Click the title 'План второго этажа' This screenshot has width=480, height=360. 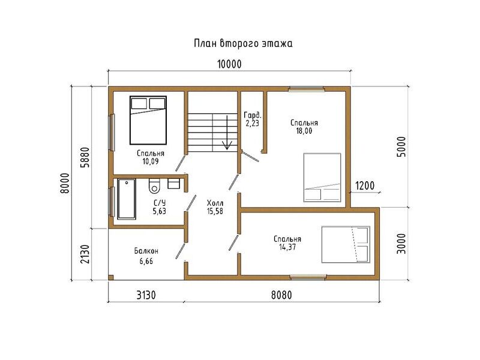(243, 43)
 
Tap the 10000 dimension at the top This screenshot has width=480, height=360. (229, 64)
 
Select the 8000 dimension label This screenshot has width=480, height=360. (65, 183)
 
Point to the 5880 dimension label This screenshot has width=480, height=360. (85, 157)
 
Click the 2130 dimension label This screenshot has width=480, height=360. (85, 254)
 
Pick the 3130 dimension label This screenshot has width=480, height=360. (146, 295)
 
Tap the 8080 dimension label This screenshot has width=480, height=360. (281, 295)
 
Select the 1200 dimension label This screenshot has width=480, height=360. (365, 185)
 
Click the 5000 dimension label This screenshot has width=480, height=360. (401, 146)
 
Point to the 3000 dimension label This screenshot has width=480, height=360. (401, 244)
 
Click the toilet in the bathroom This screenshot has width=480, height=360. (154, 186)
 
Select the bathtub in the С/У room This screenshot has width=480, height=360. (127, 199)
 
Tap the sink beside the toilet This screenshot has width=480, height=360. (173, 184)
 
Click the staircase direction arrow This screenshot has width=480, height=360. (227, 133)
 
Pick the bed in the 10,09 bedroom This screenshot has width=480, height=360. (148, 121)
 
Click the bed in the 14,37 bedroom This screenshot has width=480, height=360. (346, 245)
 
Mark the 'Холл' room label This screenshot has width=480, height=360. (215, 203)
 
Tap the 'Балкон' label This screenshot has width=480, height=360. (146, 251)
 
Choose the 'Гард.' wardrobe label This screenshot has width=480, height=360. (253, 115)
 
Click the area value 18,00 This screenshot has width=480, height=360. (304, 131)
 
